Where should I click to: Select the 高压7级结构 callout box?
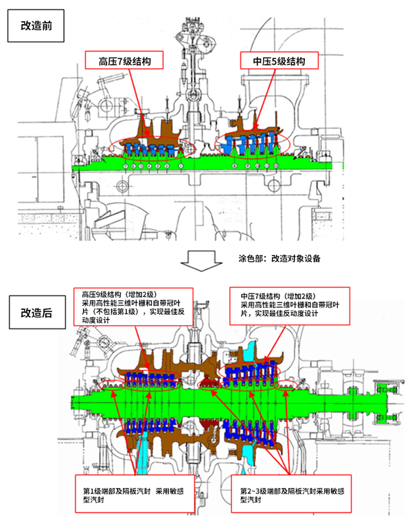[x=125, y=61]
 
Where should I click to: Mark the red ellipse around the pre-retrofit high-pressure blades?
[x=151, y=148]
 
